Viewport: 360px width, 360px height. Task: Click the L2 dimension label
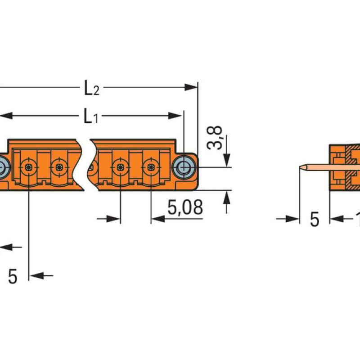point(92,88)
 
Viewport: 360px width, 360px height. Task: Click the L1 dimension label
point(91,116)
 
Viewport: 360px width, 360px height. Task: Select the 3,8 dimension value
point(215,138)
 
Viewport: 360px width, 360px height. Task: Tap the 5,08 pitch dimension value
point(185,207)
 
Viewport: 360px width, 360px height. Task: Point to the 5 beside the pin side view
point(315,219)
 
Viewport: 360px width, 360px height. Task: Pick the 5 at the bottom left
point(13,276)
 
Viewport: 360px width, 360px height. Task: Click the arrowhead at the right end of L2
point(191,87)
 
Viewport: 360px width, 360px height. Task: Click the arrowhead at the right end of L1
point(175,116)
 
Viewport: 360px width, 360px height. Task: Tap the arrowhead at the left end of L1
point(6,116)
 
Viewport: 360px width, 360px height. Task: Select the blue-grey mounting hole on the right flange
point(184,167)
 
